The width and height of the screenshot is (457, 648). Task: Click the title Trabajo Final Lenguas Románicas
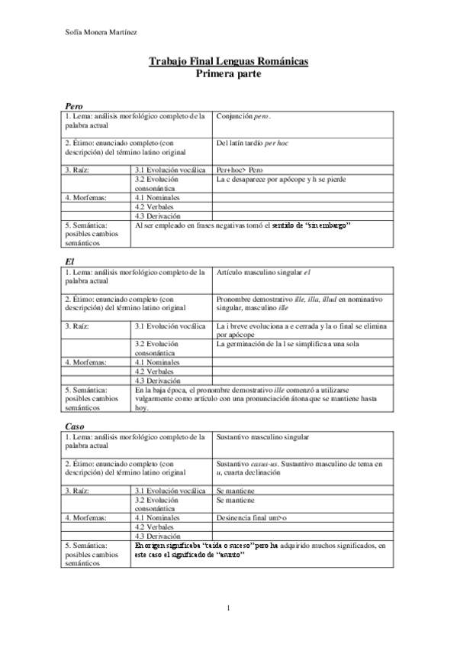click(229, 61)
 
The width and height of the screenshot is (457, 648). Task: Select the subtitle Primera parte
click(229, 74)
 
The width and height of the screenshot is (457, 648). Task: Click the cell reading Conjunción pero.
click(243, 116)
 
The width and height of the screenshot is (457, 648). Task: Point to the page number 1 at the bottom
click(228, 607)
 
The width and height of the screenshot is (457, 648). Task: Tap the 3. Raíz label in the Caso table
click(77, 490)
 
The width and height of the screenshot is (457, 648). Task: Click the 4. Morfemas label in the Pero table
click(85, 197)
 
